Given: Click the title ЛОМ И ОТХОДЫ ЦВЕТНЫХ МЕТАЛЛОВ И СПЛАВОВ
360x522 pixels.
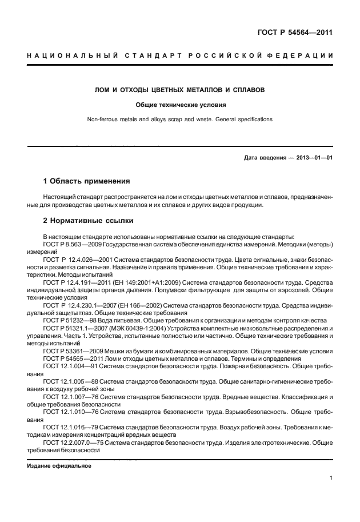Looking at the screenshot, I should pyautogui.click(x=180, y=90).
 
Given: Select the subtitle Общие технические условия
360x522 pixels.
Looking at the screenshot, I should pyautogui.click(x=180, y=105).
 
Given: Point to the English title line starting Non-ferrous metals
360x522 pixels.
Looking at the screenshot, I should pyautogui.click(x=180, y=119).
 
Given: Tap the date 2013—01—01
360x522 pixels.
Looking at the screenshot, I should pyautogui.click(x=313, y=157).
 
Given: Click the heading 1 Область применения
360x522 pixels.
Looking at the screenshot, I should pyautogui.click(x=86, y=181).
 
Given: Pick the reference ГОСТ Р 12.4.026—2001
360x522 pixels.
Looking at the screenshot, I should pyautogui.click(x=72, y=259).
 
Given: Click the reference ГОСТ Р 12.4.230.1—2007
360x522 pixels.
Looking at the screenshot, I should pyautogui.click(x=75, y=305).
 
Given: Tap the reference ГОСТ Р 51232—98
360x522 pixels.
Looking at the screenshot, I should pyautogui.click(x=66, y=320).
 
